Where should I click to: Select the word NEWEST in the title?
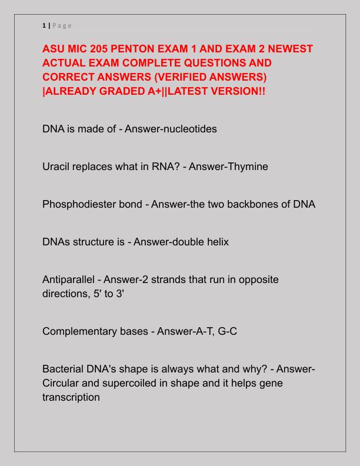click(x=289, y=49)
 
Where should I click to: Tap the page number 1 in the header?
click(x=44, y=25)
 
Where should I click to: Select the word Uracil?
click(x=58, y=167)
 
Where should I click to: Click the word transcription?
click(x=71, y=398)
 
